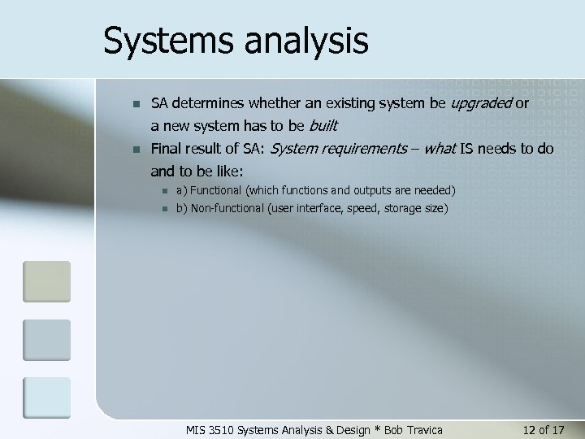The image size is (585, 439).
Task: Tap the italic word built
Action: (x=322, y=126)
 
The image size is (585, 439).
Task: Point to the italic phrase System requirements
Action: (x=338, y=149)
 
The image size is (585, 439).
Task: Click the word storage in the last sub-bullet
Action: (x=398, y=208)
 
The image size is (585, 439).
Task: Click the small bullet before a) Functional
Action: (x=163, y=191)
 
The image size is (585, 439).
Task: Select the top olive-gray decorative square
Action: (x=46, y=281)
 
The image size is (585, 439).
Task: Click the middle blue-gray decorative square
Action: (x=46, y=340)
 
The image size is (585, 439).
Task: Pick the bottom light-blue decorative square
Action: (x=46, y=398)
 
